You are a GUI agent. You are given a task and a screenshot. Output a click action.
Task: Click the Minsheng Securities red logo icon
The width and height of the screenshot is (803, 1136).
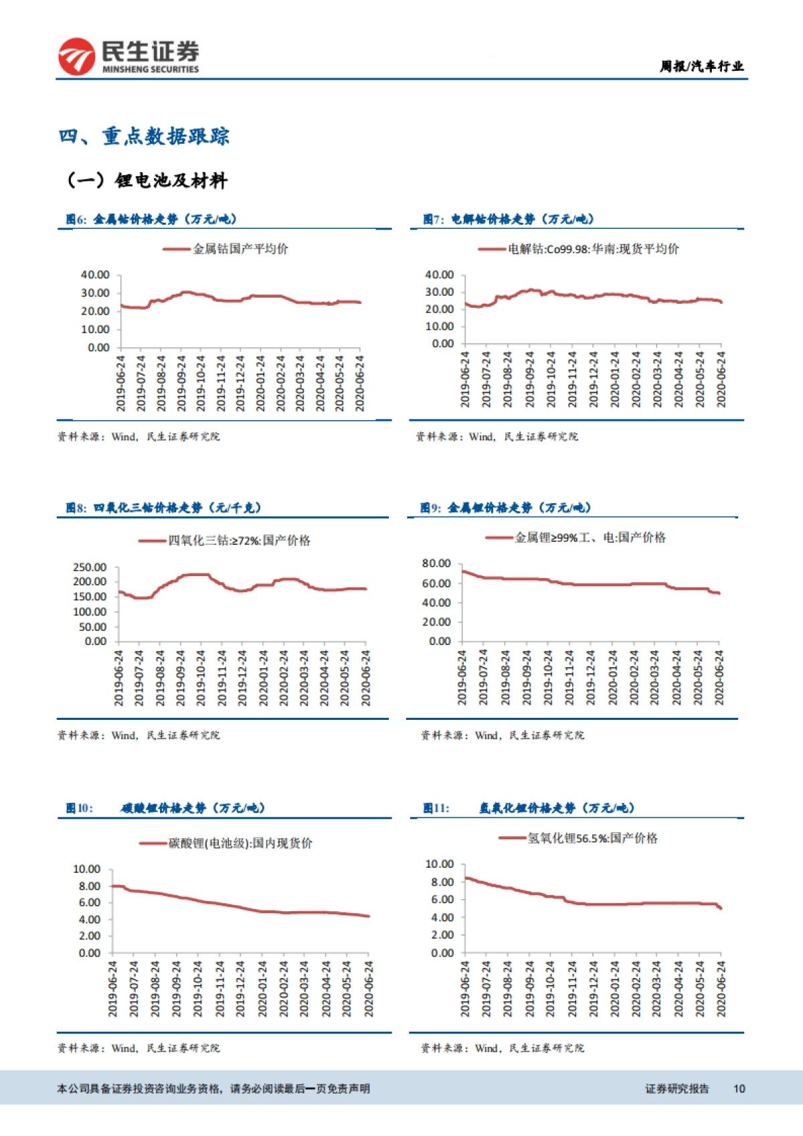click(x=76, y=56)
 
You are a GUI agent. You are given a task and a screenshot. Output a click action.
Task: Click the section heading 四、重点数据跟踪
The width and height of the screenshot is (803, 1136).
click(x=144, y=136)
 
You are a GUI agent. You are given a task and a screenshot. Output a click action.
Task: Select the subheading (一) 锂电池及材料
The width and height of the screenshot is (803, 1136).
click(x=147, y=181)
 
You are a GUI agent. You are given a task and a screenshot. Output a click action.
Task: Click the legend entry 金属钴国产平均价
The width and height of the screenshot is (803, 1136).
click(x=240, y=249)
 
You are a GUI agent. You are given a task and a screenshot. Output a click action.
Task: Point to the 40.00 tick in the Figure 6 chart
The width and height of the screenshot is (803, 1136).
click(x=95, y=275)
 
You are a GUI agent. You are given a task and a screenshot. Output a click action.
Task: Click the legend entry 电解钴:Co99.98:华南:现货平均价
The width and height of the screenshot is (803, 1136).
click(x=593, y=249)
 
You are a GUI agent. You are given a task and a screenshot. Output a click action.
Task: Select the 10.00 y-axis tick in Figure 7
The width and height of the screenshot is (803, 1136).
click(x=439, y=326)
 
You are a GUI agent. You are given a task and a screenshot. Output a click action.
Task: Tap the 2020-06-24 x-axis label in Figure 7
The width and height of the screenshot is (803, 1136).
click(x=721, y=379)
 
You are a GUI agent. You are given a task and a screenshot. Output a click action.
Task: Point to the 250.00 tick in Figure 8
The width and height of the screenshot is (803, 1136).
click(x=90, y=567)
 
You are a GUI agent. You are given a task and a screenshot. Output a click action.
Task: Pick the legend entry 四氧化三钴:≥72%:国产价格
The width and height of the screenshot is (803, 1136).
click(x=238, y=541)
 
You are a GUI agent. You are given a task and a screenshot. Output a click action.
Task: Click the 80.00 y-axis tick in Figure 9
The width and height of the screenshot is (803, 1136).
click(x=436, y=563)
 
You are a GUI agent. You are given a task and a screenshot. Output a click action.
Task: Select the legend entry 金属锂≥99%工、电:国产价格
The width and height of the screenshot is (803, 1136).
click(x=590, y=537)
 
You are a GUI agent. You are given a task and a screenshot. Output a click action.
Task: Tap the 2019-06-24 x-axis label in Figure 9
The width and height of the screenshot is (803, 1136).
click(x=462, y=677)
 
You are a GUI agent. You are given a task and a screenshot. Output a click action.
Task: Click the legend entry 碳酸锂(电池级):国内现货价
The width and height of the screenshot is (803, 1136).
click(x=240, y=843)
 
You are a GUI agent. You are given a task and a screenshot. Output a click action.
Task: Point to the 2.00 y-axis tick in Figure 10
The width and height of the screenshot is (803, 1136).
click(x=90, y=936)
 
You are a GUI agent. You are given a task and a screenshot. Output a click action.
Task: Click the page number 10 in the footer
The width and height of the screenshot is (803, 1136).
click(x=739, y=1088)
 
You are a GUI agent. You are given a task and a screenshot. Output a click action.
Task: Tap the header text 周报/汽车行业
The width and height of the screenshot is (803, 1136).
click(x=701, y=66)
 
